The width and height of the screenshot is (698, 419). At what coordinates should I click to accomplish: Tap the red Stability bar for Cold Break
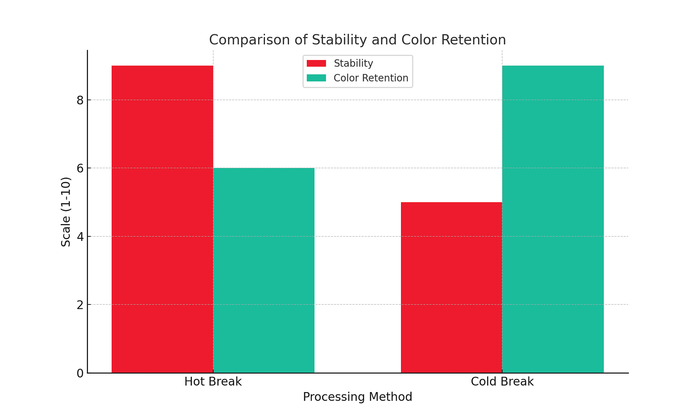(452, 287)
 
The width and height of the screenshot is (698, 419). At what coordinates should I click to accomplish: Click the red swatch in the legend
(316, 63)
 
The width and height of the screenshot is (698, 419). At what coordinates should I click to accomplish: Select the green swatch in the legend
(316, 78)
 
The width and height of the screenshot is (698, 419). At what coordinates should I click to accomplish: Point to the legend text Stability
(353, 63)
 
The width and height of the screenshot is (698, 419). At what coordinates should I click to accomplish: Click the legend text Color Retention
(371, 78)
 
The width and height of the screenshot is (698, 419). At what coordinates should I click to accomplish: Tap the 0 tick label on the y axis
(80, 373)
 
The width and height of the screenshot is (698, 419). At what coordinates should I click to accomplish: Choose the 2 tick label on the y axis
(80, 305)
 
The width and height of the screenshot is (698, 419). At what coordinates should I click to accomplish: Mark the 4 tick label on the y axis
(80, 237)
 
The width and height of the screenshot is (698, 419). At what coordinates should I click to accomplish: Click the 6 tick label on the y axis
(80, 168)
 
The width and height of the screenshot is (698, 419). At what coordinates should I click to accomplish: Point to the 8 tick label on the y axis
(80, 100)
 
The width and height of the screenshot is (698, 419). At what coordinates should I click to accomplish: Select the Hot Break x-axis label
(213, 382)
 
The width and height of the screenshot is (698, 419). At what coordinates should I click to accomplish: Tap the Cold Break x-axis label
(502, 382)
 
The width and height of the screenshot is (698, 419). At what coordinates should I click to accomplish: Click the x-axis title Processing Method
(357, 397)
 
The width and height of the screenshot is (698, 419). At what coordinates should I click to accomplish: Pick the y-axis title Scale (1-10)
(66, 212)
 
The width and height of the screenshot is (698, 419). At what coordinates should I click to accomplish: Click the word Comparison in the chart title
(250, 40)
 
